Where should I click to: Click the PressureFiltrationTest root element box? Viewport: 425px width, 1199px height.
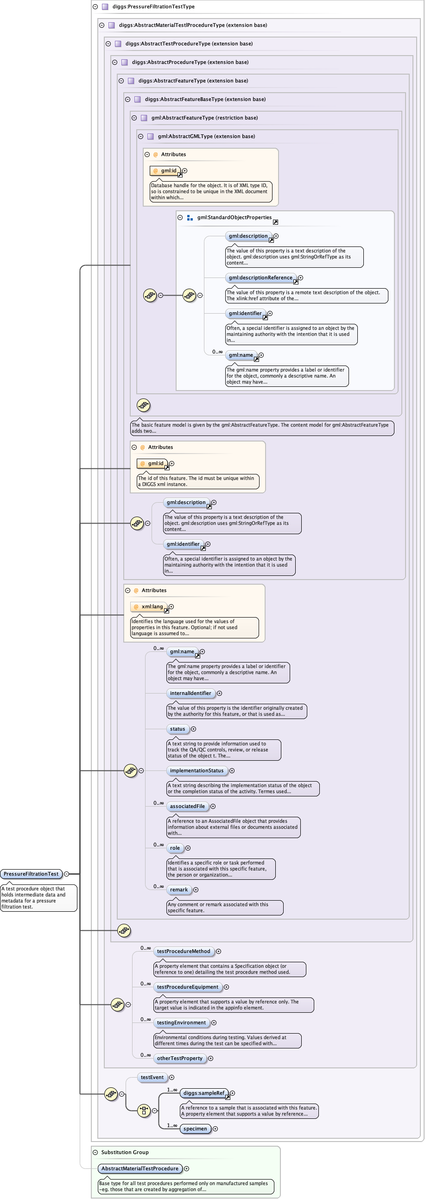click(x=31, y=874)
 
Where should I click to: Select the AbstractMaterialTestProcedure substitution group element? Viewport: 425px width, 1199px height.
click(x=140, y=1168)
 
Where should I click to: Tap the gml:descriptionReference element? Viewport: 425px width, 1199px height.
click(x=260, y=278)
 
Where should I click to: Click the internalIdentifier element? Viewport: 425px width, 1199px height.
click(x=190, y=693)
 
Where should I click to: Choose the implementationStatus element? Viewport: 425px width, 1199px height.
click(x=197, y=770)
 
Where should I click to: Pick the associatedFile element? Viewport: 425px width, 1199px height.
click(x=187, y=806)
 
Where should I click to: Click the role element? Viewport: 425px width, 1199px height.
click(x=175, y=847)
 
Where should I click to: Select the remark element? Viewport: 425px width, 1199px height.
click(x=179, y=890)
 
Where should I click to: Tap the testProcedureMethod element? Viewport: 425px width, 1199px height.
click(x=184, y=952)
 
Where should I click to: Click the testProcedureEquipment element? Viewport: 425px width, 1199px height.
click(x=187, y=987)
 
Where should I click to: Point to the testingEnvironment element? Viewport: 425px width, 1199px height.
click(x=181, y=1022)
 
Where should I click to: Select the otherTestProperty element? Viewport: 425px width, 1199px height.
click(x=180, y=1058)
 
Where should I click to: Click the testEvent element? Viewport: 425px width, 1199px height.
click(x=152, y=1077)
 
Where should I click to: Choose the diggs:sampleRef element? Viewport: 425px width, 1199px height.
click(x=204, y=1093)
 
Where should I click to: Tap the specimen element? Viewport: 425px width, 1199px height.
click(x=195, y=1129)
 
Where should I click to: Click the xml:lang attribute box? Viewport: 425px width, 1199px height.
click(x=149, y=606)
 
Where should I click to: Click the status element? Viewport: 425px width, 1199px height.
click(x=178, y=729)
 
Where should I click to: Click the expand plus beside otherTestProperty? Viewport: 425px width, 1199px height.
click(x=211, y=1059)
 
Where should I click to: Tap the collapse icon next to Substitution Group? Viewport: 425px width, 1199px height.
click(x=95, y=1152)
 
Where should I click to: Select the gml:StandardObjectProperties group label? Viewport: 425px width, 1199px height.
click(x=234, y=217)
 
